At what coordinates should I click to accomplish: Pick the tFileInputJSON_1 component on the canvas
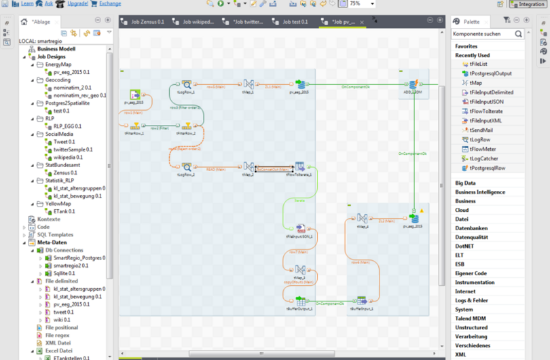click(x=299, y=229)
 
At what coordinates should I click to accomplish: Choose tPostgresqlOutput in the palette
click(x=490, y=73)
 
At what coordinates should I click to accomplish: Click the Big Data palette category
click(x=466, y=183)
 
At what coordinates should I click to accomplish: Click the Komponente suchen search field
click(x=483, y=33)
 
